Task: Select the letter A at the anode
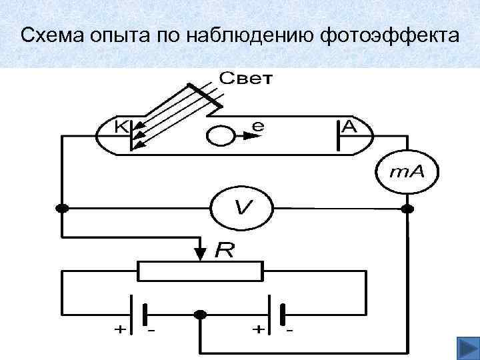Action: pyautogui.click(x=348, y=126)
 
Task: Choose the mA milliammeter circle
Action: pyautogui.click(x=407, y=171)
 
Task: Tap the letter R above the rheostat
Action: pyautogui.click(x=225, y=251)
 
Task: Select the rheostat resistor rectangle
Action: pyautogui.click(x=199, y=271)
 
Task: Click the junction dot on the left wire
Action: pyautogui.click(x=62, y=209)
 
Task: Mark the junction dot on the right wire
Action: pyautogui.click(x=407, y=209)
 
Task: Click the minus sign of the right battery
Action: pyautogui.click(x=289, y=329)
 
